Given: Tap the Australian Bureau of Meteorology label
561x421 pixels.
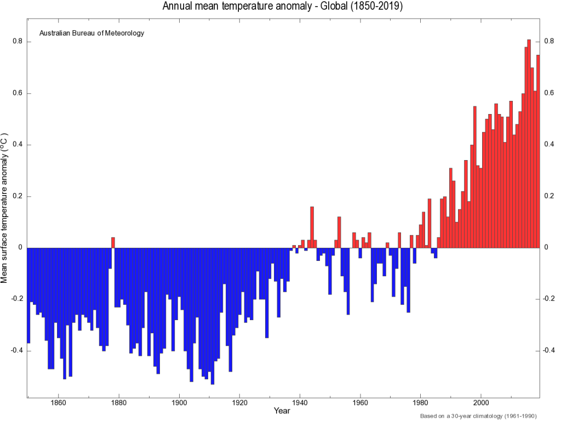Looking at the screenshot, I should coord(91,33).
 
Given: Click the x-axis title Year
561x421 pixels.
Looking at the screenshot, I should coord(282,411).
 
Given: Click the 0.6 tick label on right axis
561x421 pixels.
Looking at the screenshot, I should coord(549,93).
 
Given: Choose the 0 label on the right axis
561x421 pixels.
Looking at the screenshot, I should coord(546,248).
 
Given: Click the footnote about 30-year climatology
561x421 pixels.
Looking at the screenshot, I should coord(478,416).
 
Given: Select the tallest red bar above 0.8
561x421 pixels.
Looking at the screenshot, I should coord(529,143).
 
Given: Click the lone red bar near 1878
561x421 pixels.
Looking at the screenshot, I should coord(113,242).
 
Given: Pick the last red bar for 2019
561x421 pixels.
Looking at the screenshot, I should coord(538,151).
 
